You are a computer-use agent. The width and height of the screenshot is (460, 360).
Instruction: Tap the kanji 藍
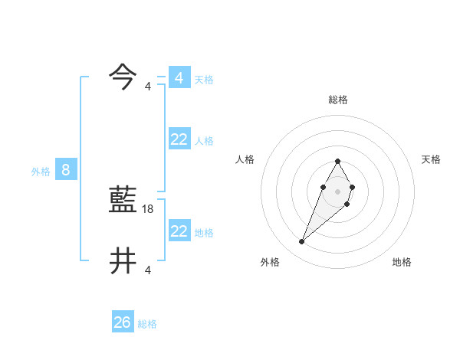[123, 200]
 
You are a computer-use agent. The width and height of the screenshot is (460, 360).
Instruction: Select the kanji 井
[123, 261]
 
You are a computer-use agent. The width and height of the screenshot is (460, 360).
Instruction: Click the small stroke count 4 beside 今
[148, 87]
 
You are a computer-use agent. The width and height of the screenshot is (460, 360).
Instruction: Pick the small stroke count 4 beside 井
[148, 270]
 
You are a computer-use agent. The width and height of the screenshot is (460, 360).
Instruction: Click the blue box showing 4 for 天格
[179, 78]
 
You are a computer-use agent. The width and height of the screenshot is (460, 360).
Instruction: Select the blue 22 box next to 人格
[179, 139]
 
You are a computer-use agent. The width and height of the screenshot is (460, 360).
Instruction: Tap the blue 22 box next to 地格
[179, 231]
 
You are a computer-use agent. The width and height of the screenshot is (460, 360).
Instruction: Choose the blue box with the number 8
[66, 170]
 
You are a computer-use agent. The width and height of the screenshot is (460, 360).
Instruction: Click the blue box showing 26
[123, 322]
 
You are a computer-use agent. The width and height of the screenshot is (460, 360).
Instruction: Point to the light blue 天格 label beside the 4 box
[204, 80]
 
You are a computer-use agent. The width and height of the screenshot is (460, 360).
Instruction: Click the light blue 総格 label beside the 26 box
[147, 324]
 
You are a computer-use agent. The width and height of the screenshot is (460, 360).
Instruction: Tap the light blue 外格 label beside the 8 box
[41, 172]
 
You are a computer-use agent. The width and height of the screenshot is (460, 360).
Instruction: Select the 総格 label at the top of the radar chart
[338, 100]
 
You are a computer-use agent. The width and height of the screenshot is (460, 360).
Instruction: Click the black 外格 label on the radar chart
[270, 262]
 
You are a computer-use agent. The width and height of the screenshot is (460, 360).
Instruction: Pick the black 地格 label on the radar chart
[402, 262]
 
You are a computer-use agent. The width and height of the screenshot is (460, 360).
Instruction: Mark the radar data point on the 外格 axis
[302, 242]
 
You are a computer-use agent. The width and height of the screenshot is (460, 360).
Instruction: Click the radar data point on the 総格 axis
[337, 161]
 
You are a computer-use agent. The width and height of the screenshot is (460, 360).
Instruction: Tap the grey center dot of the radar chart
[337, 191]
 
